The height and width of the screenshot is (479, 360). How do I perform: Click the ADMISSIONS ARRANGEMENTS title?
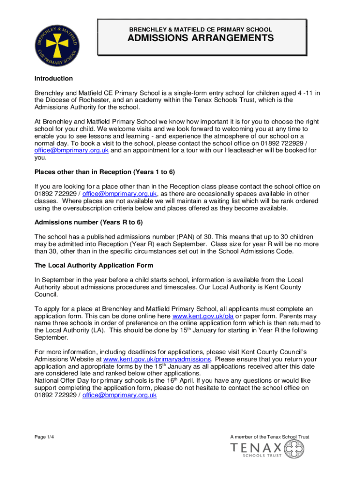(201, 38)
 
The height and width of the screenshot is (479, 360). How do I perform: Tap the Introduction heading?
(54, 79)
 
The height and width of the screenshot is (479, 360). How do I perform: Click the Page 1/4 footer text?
(45, 437)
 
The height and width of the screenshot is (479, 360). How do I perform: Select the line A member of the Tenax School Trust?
(270, 437)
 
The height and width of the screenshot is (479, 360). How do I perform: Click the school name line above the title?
(201, 29)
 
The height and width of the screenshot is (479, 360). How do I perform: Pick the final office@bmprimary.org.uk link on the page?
(119, 395)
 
